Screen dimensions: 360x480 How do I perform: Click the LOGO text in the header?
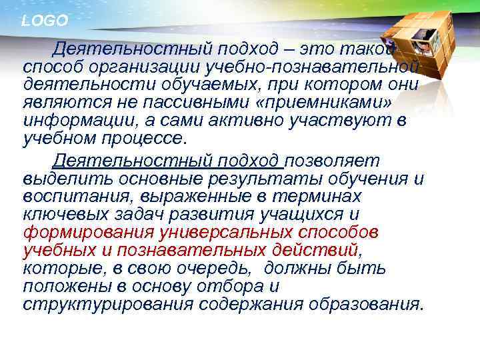[x=45, y=21]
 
